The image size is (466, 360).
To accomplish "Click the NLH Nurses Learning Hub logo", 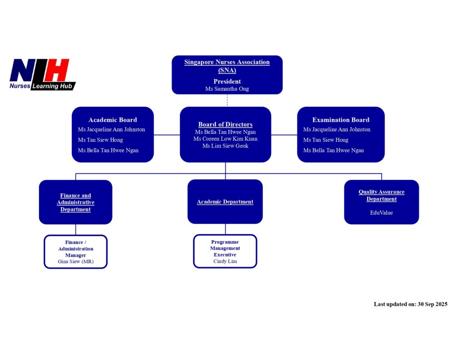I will [42, 74].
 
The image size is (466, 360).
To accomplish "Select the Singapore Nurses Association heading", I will [227, 66].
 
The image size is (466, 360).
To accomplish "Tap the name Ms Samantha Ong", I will [227, 89].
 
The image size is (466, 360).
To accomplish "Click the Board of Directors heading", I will [225, 124].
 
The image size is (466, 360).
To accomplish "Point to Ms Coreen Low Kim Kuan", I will [225, 139].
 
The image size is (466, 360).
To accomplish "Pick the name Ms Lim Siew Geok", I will [225, 146].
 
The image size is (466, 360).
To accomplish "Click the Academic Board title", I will [112, 120].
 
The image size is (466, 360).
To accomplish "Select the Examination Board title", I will [340, 120].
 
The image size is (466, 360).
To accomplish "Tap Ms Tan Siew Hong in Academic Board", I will [100, 140].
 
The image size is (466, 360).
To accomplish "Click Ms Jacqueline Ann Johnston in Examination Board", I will [337, 130].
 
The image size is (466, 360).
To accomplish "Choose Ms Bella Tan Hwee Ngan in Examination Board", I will [334, 150].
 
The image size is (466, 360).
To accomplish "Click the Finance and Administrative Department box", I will [76, 202].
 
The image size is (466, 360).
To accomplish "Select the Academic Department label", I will [225, 202].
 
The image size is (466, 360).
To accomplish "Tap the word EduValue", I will [381, 213].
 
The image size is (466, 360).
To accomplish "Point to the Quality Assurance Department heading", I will [381, 195].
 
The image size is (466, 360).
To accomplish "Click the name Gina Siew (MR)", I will [76, 262].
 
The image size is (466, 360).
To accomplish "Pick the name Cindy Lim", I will [225, 261].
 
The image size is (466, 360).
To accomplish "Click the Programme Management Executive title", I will [225, 248].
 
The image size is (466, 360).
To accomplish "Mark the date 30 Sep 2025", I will [432, 304].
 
